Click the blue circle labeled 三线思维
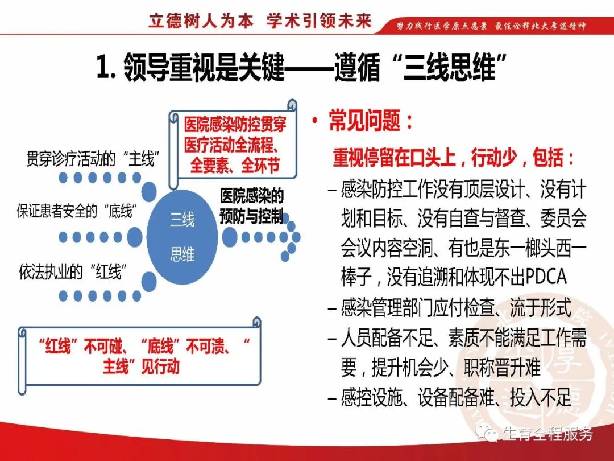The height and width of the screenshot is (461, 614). click(182, 236)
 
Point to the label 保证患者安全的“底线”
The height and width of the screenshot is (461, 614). click(76, 212)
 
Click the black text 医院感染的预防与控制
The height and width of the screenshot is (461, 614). click(252, 207)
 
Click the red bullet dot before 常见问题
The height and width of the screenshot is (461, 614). click(314, 122)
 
